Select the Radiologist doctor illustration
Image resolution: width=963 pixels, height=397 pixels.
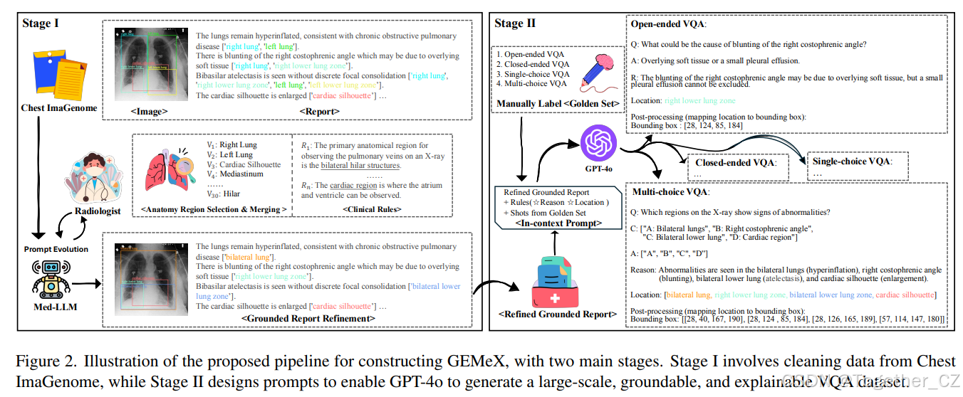(x=92, y=181)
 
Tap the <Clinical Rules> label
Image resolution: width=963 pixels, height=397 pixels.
(x=372, y=209)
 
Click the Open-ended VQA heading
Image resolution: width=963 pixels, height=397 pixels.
(x=668, y=24)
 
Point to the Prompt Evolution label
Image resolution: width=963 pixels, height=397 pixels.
(x=56, y=250)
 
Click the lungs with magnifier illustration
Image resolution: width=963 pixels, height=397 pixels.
(x=172, y=171)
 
